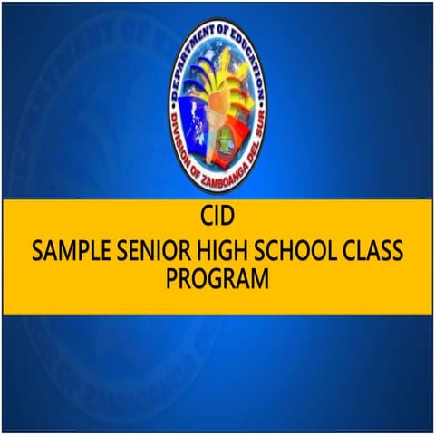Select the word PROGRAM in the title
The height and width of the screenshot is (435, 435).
coord(217,279)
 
